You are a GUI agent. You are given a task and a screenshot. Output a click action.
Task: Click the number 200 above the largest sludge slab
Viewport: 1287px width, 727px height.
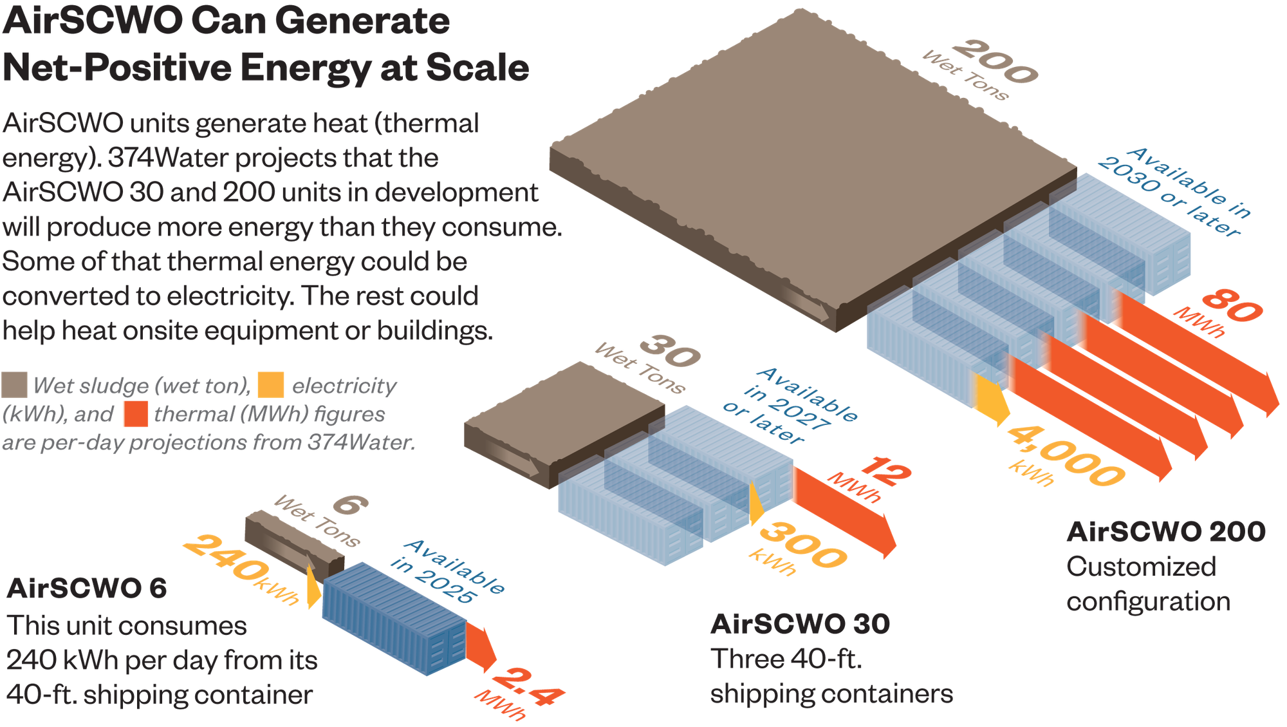994,61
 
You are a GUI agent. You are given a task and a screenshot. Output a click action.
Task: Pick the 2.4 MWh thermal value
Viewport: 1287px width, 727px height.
528,686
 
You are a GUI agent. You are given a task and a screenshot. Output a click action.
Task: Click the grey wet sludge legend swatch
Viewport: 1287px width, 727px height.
14,384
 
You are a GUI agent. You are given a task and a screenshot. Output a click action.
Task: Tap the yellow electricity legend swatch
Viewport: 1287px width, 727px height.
270,384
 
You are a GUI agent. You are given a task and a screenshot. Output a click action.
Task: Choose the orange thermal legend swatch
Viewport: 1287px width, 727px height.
136,413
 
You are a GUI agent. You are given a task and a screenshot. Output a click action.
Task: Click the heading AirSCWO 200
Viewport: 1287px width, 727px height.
1165,532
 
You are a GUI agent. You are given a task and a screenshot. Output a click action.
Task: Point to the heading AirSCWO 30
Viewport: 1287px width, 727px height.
800,624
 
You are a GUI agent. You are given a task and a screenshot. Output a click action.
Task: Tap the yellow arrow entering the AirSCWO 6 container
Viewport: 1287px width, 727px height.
313,587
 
